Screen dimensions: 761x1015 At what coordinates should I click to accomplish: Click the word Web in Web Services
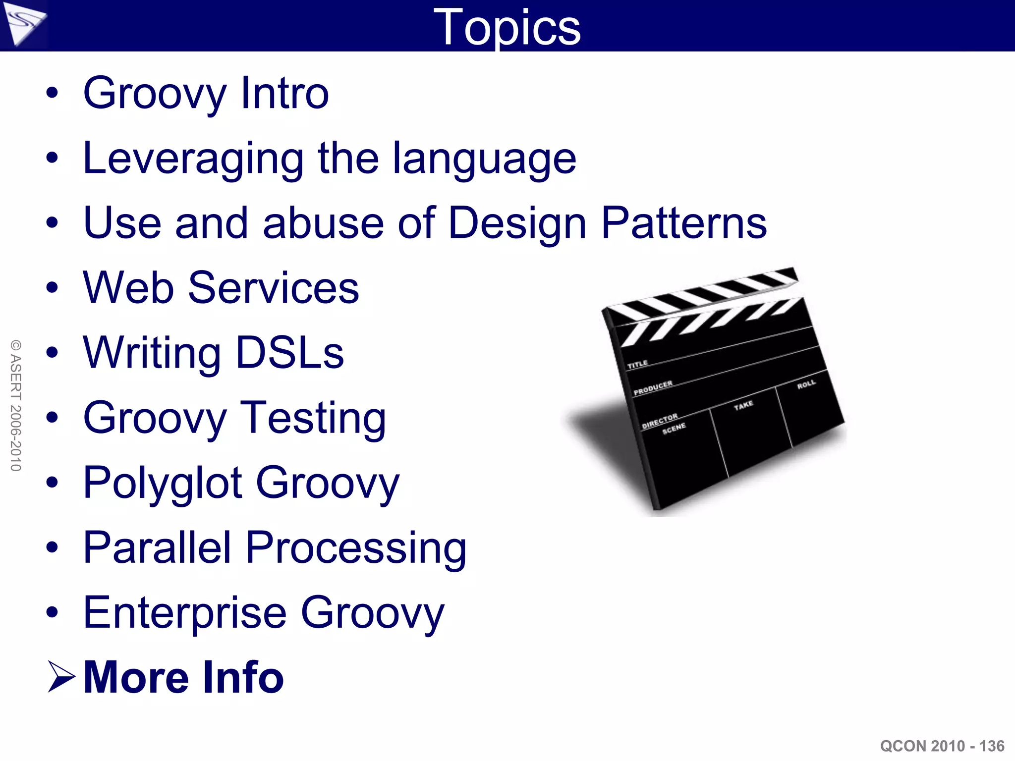pos(128,288)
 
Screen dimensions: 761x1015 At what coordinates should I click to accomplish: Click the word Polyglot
pos(163,483)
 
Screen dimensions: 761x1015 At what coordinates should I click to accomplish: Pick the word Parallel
pos(157,547)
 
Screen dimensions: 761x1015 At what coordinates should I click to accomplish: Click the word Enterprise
pos(185,613)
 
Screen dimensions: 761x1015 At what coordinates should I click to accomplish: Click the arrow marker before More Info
pos(61,677)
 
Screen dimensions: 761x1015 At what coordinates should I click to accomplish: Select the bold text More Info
pos(183,677)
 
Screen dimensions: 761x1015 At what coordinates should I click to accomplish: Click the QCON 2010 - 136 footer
pos(942,746)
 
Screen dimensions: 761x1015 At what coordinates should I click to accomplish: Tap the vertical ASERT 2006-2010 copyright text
pos(15,405)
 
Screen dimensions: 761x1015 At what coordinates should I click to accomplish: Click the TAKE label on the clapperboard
pos(743,406)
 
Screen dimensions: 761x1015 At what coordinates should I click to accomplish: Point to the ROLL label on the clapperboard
pos(806,384)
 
